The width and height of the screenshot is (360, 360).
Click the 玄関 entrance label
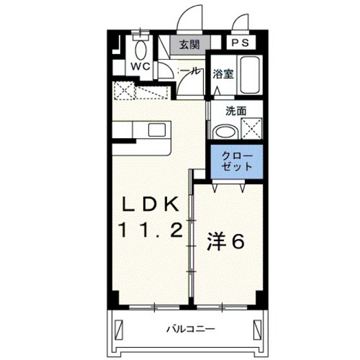[x=188, y=45]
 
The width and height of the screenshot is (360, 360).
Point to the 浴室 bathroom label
[x=223, y=73]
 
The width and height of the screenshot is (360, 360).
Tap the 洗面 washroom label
[x=236, y=110]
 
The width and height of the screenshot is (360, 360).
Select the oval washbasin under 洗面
[x=225, y=132]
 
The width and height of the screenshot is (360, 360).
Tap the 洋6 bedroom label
[x=225, y=242]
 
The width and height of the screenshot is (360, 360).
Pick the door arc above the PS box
[x=242, y=24]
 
